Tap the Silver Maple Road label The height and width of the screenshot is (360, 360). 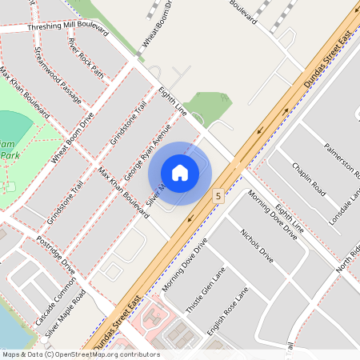click(x=65, y=314)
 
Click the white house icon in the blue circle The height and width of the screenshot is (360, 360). click(x=180, y=172)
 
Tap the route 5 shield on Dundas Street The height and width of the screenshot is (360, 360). click(x=217, y=194)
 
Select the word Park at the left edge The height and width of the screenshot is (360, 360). click(x=9, y=154)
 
